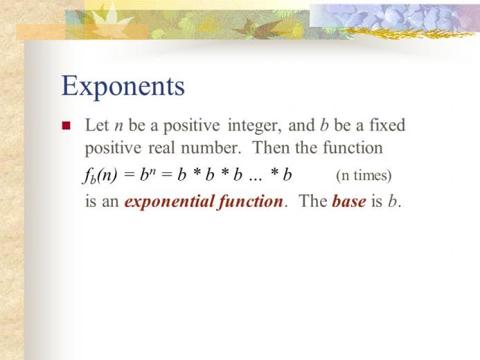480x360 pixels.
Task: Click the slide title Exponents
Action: coord(123,87)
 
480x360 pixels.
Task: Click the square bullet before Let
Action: coord(66,127)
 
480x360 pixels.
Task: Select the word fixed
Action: coord(386,125)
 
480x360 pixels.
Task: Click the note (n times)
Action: coord(364,176)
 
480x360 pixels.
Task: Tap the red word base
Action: coord(348,202)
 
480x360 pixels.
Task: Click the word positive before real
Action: coord(112,148)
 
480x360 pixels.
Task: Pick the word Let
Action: coord(96,126)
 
